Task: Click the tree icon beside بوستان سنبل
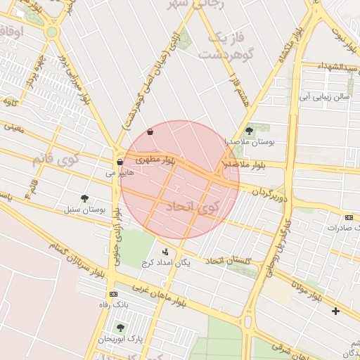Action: click(85, 199)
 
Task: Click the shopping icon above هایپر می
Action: click(120, 162)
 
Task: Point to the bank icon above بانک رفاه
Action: click(113, 294)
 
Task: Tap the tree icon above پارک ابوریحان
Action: click(120, 328)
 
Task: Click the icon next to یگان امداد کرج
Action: click(166, 252)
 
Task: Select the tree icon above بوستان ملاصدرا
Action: click(249, 131)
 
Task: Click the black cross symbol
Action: click(335, 311)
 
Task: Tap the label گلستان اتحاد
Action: click(229, 261)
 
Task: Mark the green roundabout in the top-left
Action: click(51, 32)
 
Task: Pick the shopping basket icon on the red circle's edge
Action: click(150, 132)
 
